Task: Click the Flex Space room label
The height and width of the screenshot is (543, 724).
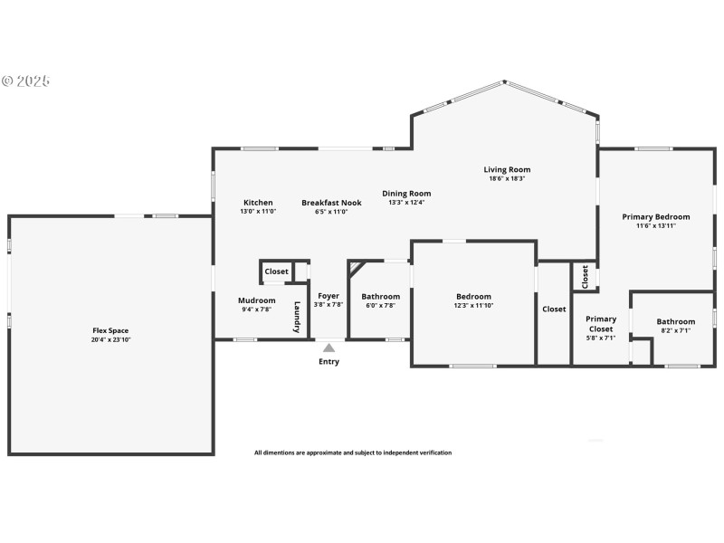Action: point(111,330)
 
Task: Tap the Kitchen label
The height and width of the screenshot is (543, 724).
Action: point(258,203)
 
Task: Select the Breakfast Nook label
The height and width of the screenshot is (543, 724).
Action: point(331,203)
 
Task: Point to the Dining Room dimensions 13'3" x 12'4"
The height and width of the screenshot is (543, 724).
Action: point(406,203)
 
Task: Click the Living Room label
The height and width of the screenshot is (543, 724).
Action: point(507,169)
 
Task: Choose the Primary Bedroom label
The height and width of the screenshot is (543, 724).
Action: point(656,216)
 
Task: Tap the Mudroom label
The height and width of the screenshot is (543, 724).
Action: point(256,300)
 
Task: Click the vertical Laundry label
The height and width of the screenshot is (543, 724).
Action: point(297,318)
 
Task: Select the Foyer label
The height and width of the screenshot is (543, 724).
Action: point(329,296)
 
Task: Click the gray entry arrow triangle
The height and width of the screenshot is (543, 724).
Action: point(329,347)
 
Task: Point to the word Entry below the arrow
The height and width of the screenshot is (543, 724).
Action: point(329,362)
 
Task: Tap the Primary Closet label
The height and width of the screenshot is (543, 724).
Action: point(601,323)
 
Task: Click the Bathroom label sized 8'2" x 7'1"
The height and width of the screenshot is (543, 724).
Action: point(676,321)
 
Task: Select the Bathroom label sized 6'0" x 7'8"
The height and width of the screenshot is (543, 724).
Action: point(381,296)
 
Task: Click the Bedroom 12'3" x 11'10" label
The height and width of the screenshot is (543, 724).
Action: point(473,297)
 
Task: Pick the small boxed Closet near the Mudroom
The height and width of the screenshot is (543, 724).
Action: point(277,271)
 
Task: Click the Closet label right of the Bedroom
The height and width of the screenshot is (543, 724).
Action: point(554,310)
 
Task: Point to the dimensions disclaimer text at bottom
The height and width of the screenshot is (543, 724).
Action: point(352,452)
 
